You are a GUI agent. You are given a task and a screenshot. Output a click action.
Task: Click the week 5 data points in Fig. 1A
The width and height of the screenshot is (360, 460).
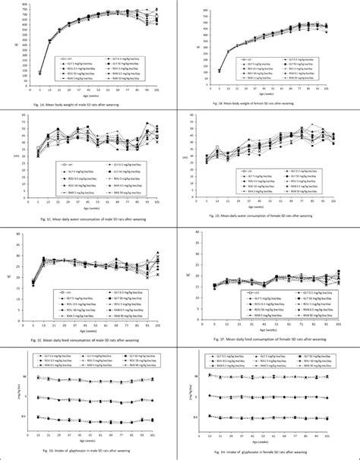[x=40, y=74]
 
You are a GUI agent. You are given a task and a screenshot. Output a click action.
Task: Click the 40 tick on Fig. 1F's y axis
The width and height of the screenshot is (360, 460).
[x=198, y=232]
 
